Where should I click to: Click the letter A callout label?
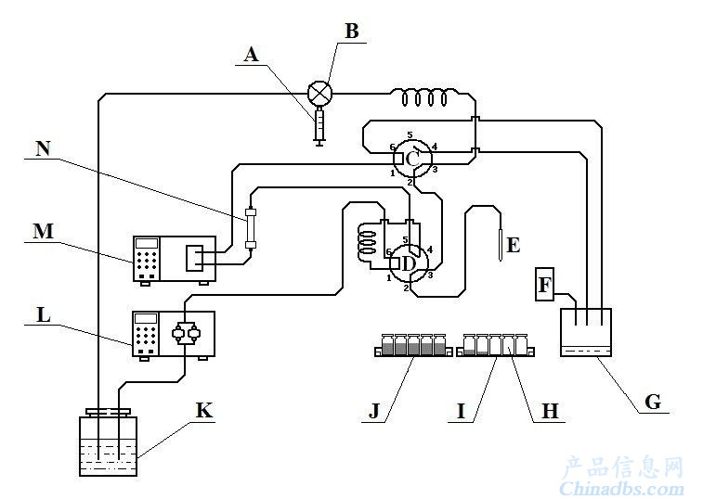click(252, 54)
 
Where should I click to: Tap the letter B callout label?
click(352, 31)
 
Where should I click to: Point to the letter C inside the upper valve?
click(412, 159)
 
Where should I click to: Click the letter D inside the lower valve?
click(408, 263)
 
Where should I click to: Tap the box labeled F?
click(545, 285)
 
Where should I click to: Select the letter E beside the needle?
click(513, 246)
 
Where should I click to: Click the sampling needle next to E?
click(501, 244)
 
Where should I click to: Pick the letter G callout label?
click(652, 402)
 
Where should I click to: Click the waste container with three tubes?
click(586, 332)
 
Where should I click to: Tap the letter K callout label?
click(204, 410)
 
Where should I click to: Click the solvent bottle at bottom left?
click(108, 443)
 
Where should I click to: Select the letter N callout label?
click(43, 148)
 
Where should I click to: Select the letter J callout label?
click(374, 410)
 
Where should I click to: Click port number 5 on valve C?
click(410, 134)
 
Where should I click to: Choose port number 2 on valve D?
click(406, 288)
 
